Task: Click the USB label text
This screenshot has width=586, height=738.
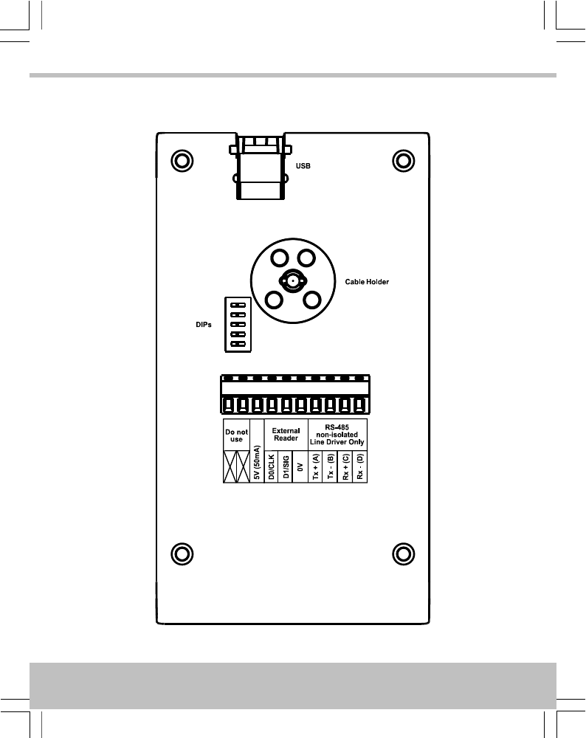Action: tap(303, 166)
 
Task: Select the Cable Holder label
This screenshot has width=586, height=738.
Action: tap(367, 282)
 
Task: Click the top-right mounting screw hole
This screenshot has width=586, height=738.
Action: tap(402, 160)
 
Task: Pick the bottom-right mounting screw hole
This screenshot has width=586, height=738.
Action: tap(402, 553)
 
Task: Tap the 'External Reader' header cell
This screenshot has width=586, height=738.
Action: tap(285, 435)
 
